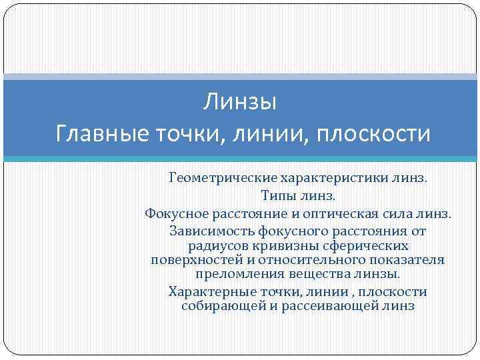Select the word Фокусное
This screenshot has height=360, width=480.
coord(176,214)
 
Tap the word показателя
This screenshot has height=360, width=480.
coord(405,260)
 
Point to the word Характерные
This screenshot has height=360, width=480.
coord(212,292)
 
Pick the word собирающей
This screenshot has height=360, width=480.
coord(217,306)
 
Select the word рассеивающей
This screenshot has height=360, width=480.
coord(321,306)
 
